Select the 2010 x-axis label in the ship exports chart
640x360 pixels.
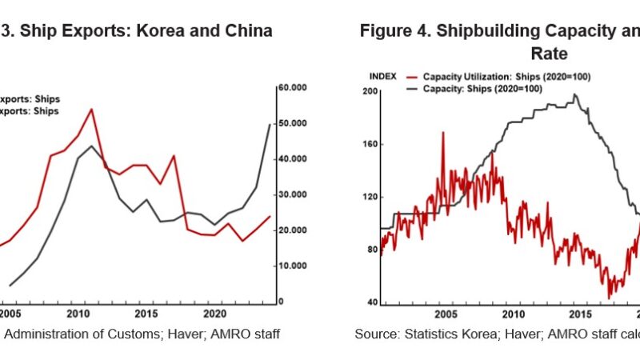pos(78,312)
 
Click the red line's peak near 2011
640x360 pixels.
pos(91,109)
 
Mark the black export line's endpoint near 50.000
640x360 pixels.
pos(269,125)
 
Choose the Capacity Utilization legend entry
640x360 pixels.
pos(480,76)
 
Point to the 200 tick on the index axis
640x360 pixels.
pos(370,92)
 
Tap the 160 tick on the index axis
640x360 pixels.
pos(370,145)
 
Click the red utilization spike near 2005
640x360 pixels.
pos(443,132)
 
